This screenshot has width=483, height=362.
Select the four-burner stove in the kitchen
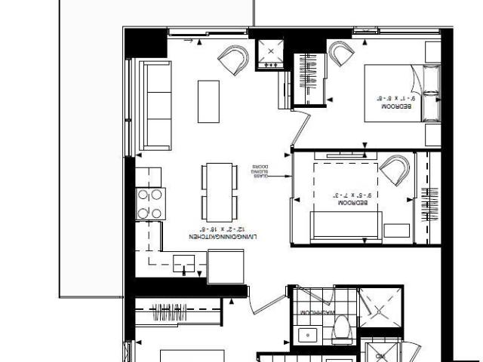coord(150,204)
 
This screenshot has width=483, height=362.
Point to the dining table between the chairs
coord(217,191)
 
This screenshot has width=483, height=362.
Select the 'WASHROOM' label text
coord(317,312)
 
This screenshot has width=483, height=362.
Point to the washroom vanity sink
coord(306,335)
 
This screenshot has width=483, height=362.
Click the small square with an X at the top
coord(269,51)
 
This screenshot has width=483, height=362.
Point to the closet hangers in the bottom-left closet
coord(174,307)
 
